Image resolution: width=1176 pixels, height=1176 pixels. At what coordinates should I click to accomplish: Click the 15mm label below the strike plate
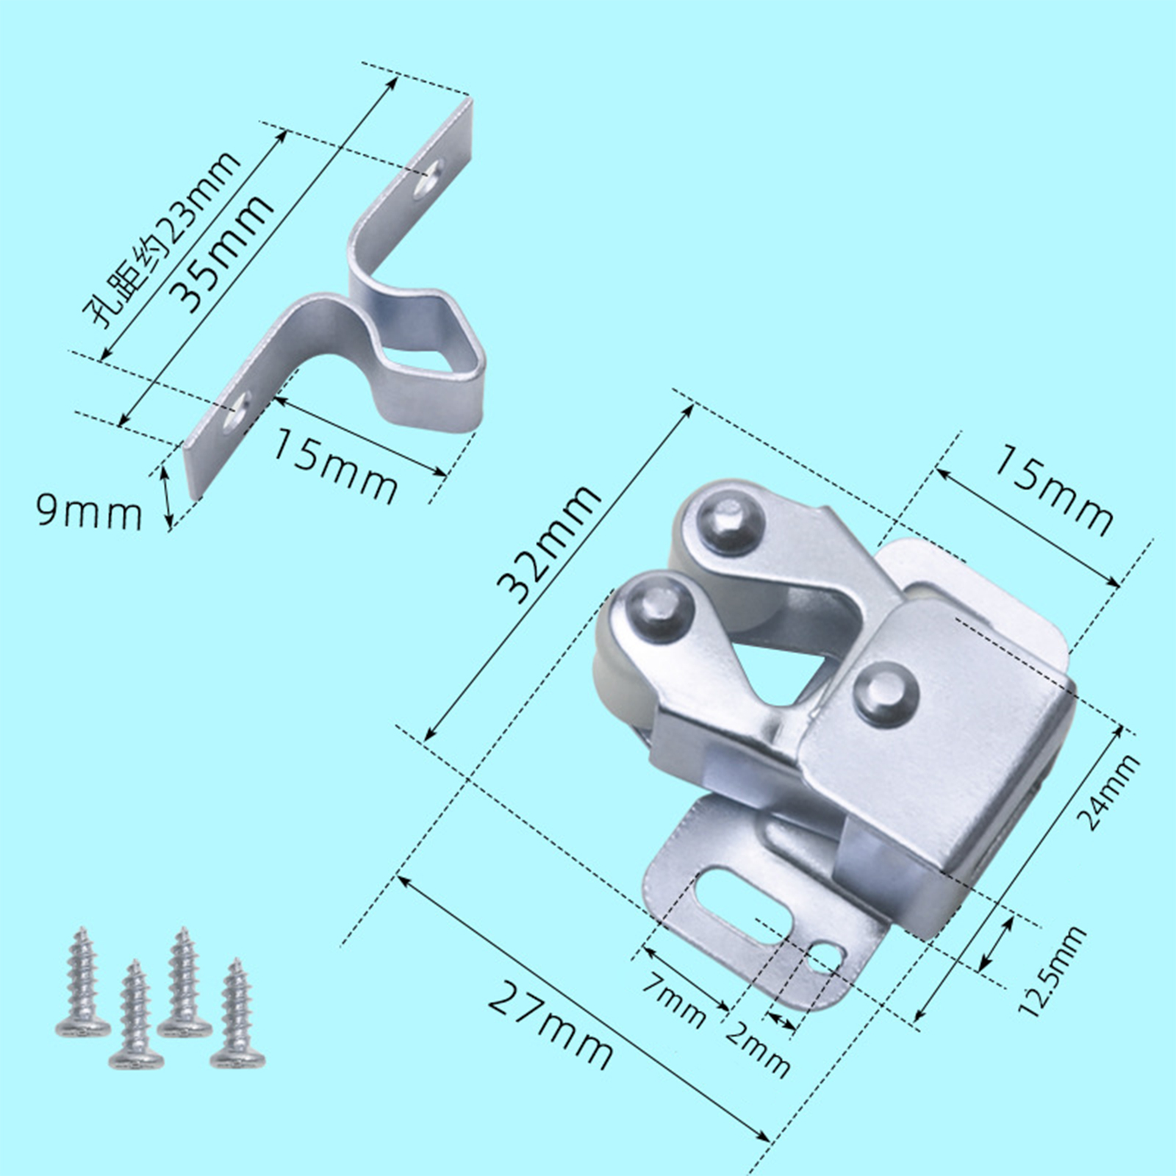pos(335,465)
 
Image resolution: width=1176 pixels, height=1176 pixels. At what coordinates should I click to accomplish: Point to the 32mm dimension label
pos(549,544)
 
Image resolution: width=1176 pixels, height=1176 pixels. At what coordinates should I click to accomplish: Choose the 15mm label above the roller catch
pos(1053,490)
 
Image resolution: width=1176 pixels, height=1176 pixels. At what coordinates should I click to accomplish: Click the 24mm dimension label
pos(1110,792)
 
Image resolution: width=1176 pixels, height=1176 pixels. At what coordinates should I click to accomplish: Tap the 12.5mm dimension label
pos(1051,970)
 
